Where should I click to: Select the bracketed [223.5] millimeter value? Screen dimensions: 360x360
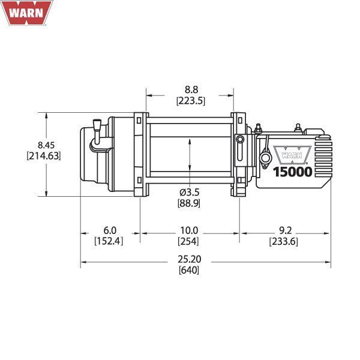(x=190, y=101)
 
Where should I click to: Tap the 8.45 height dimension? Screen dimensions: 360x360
(x=46, y=145)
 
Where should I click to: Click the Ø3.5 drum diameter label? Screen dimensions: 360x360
(x=189, y=193)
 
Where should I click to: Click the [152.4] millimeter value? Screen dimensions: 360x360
(x=109, y=241)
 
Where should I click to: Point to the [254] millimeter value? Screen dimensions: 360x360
(x=189, y=241)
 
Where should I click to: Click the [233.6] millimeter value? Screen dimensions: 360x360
(x=284, y=241)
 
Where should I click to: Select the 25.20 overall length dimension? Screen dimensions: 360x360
(x=189, y=260)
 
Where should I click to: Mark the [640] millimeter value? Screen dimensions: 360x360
(x=189, y=270)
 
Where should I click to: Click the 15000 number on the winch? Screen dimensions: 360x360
(x=292, y=172)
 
